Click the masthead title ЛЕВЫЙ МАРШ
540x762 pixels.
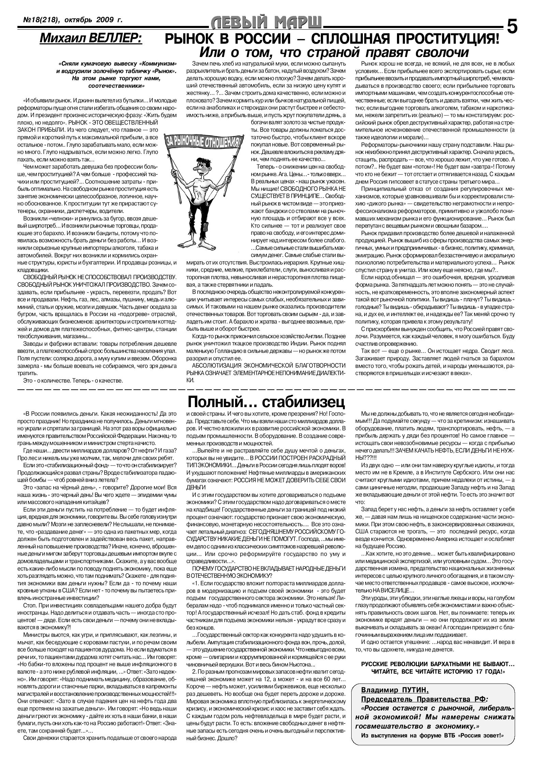click(267, 24)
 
